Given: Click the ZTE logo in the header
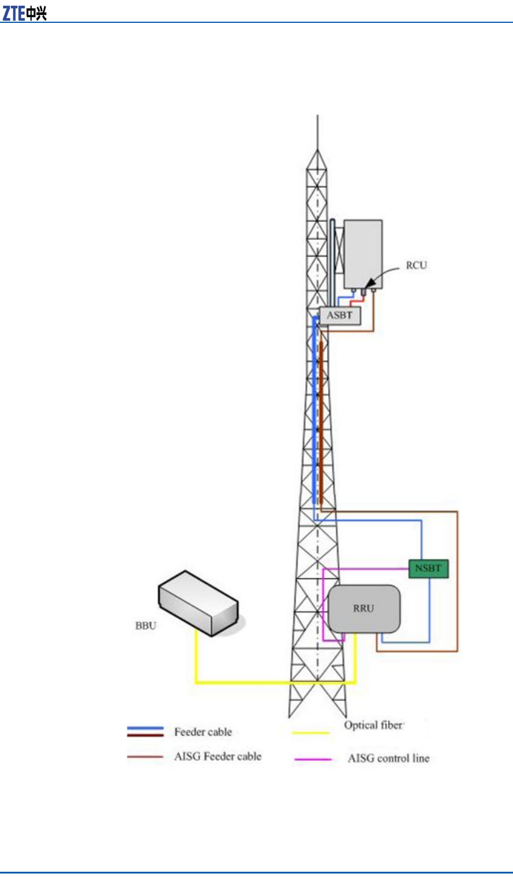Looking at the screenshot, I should tap(24, 13).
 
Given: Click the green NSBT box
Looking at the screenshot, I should tap(428, 568).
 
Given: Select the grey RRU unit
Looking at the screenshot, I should tap(364, 608).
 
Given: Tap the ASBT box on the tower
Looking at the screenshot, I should tap(340, 316).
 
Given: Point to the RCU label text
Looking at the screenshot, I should tap(416, 265).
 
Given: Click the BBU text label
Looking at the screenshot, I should tap(146, 625).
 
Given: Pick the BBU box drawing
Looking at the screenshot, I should tap(197, 604).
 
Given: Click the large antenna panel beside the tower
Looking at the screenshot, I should tap(363, 254).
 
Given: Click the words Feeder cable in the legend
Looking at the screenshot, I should tap(203, 732).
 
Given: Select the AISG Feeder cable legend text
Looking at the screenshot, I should tap(217, 756).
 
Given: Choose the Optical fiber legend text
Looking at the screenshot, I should tap(373, 725).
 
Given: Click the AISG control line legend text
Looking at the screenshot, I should tap(389, 758).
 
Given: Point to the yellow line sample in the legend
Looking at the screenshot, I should tap(311, 733).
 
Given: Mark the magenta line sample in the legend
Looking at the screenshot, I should tap(313, 759).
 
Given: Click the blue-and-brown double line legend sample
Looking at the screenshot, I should tap(145, 732).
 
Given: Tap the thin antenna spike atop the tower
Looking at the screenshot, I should tap(318, 132).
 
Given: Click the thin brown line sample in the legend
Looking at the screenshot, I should tap(145, 757).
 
